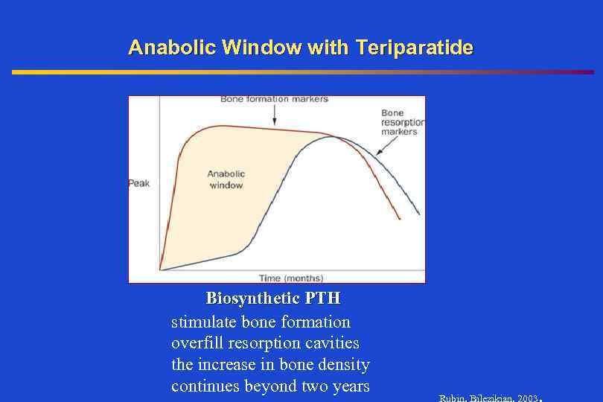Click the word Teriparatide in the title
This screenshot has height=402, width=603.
(x=415, y=48)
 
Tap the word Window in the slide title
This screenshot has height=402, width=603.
(x=252, y=48)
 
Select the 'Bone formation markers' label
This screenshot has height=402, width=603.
(x=274, y=99)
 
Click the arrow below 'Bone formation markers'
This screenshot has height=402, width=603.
(x=274, y=115)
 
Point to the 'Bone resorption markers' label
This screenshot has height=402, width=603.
(x=402, y=122)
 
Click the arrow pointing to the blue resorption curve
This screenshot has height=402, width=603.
(x=383, y=149)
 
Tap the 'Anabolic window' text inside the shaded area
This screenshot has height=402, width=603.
(x=226, y=179)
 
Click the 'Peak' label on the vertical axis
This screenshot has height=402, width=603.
(x=139, y=183)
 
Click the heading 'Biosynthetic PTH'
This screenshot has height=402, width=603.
(x=273, y=299)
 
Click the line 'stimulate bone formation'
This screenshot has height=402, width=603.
(x=261, y=322)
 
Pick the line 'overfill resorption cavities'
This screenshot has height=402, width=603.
(x=265, y=343)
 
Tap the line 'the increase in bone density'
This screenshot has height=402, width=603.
(x=270, y=365)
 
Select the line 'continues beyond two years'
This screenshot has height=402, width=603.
(x=270, y=386)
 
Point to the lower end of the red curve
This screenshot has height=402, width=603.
(x=400, y=218)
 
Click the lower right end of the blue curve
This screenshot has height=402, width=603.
(x=418, y=214)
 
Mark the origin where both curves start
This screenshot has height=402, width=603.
(x=161, y=269)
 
